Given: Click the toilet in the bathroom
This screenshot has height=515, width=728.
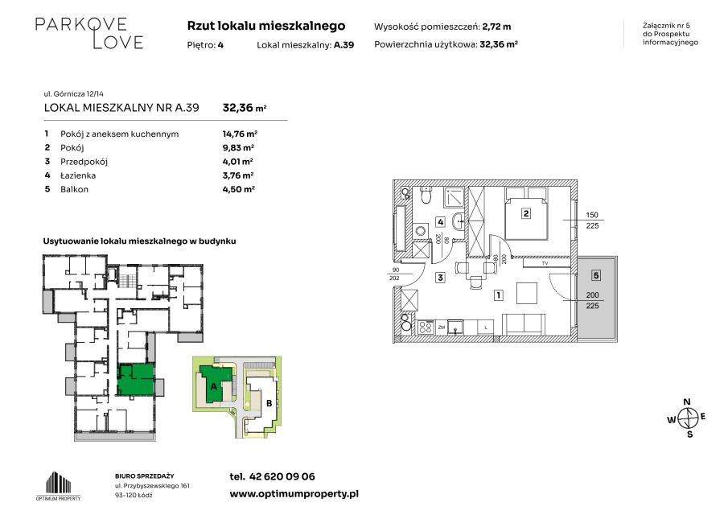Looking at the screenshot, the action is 426,196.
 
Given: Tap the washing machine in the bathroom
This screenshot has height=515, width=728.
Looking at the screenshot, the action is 421,231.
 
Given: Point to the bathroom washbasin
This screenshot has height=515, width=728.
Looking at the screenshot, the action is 459,221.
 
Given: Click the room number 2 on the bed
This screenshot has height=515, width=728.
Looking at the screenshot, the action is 525,213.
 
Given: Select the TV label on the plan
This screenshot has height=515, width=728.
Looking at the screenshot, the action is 545,263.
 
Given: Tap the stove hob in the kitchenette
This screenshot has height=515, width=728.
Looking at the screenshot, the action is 426,328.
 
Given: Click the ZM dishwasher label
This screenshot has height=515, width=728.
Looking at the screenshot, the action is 442,328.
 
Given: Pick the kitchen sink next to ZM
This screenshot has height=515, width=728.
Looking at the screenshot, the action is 455,328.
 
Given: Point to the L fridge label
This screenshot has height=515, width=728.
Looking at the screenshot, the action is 486,328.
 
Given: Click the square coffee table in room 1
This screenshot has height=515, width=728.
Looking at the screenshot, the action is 527,293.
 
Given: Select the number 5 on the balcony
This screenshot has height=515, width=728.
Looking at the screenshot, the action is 596,275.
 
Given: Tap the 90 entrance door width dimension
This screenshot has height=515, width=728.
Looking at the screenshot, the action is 396,270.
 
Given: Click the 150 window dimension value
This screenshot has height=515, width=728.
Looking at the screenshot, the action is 592,215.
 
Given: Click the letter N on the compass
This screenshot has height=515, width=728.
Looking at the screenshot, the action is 687,402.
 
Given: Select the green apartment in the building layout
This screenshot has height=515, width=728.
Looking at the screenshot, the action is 135,379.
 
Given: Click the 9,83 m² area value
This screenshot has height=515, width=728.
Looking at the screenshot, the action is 238,148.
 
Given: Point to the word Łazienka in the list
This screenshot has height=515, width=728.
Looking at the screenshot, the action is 78,175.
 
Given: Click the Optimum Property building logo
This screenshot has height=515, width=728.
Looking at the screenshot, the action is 59,484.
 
